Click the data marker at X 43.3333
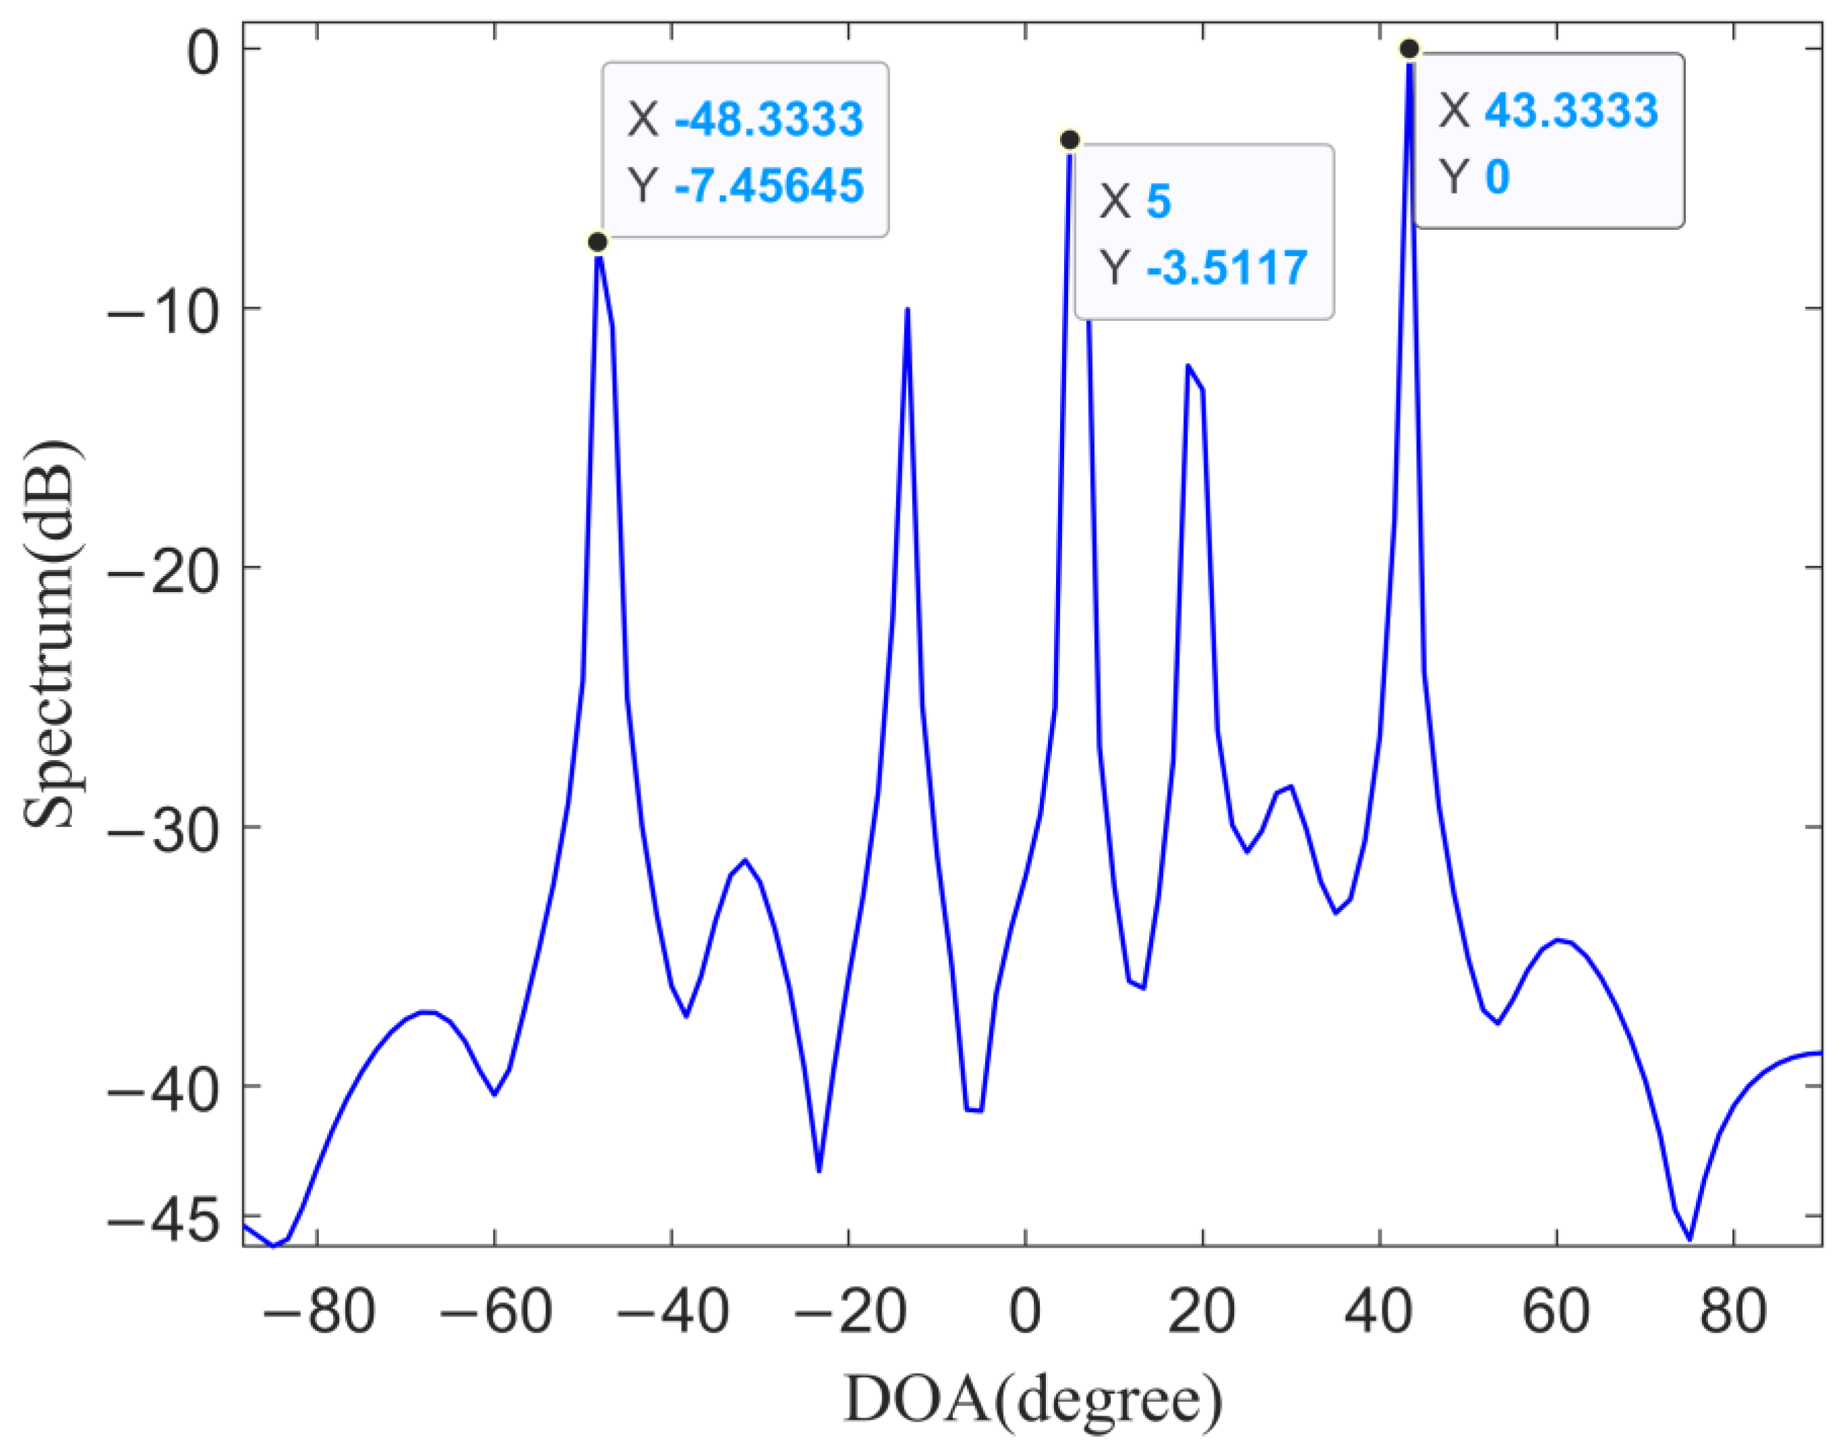(x=1409, y=49)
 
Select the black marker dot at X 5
(x=1070, y=139)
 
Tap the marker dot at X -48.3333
(x=597, y=242)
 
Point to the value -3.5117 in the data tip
(x=1227, y=268)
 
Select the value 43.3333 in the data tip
(x=1571, y=111)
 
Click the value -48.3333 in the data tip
(x=769, y=118)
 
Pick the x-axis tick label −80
(x=318, y=1312)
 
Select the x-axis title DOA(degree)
(x=1033, y=1399)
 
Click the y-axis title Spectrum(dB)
(x=51, y=633)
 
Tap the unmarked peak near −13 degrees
(x=908, y=309)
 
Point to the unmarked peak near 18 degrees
(x=1188, y=366)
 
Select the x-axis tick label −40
(x=672, y=1312)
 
